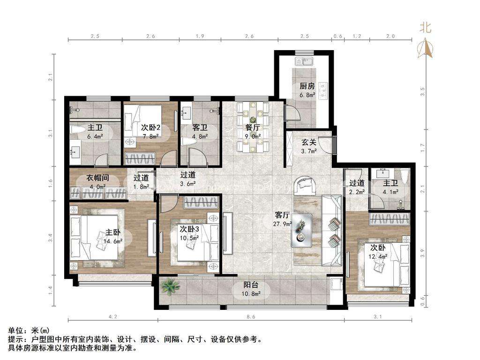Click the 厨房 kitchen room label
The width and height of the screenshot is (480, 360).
click(x=307, y=86)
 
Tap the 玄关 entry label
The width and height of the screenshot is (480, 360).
click(x=308, y=142)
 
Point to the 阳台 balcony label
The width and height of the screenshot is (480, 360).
click(x=251, y=285)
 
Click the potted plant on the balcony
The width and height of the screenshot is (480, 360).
click(x=170, y=287)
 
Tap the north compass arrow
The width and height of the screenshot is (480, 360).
click(x=425, y=47)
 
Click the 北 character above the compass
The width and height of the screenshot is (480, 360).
click(x=425, y=27)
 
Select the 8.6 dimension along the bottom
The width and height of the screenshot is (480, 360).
click(x=251, y=317)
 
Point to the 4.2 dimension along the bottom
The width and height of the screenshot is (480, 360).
click(x=113, y=317)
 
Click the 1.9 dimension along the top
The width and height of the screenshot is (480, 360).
click(x=200, y=36)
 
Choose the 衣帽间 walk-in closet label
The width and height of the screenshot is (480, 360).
click(x=97, y=178)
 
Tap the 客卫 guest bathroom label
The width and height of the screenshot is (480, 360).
click(x=200, y=127)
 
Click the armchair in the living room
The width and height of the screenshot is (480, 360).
click(x=305, y=185)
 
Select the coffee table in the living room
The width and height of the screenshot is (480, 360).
click(x=301, y=230)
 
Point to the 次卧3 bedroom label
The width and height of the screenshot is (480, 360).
click(x=189, y=229)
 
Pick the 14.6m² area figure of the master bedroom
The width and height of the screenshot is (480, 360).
click(x=113, y=241)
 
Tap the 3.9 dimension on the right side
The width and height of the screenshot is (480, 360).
click(x=423, y=253)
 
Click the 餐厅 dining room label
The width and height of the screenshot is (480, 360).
click(x=253, y=127)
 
